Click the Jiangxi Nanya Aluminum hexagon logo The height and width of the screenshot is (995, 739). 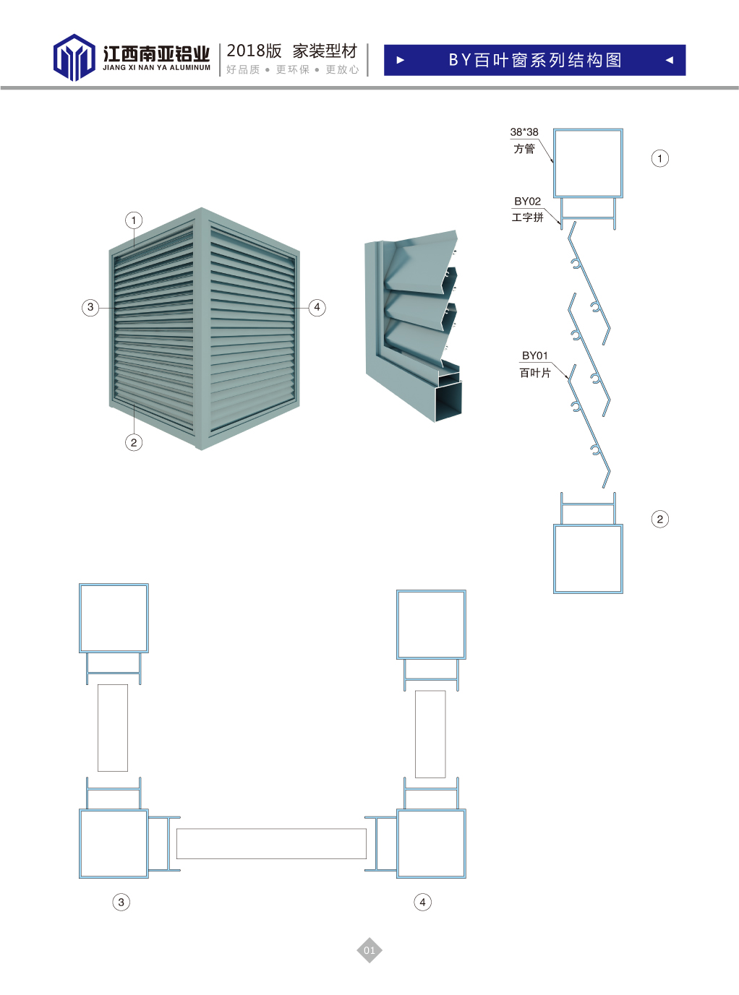pyautogui.click(x=74, y=57)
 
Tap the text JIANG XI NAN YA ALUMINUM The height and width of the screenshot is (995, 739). pyautogui.click(x=156, y=68)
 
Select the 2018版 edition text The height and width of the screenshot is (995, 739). pyautogui.click(x=254, y=51)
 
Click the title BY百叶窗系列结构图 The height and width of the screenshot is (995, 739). pyautogui.click(x=535, y=60)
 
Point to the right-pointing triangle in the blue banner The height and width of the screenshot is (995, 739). pyautogui.click(x=401, y=61)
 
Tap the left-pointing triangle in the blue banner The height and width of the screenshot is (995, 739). pyautogui.click(x=669, y=61)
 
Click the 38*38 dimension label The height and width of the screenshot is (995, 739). pyautogui.click(x=524, y=132)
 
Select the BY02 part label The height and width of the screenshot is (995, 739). pyautogui.click(x=527, y=202)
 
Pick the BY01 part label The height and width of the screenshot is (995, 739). pyautogui.click(x=535, y=356)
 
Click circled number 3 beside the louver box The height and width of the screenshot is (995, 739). pyautogui.click(x=90, y=307)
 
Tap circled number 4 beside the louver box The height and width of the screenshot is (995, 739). pyautogui.click(x=317, y=307)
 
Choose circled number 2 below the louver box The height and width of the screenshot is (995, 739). pyautogui.click(x=134, y=442)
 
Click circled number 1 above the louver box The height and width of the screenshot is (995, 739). pyautogui.click(x=134, y=220)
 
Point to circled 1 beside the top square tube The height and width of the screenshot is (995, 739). pyautogui.click(x=659, y=158)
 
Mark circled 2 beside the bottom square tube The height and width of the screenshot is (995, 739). pyautogui.click(x=659, y=519)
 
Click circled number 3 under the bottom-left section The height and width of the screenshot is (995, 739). pyautogui.click(x=121, y=902)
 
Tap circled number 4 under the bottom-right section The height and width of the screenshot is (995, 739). pyautogui.click(x=422, y=902)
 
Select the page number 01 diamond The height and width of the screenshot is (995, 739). pyautogui.click(x=369, y=950)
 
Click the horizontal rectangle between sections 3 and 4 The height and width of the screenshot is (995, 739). pyautogui.click(x=271, y=843)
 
